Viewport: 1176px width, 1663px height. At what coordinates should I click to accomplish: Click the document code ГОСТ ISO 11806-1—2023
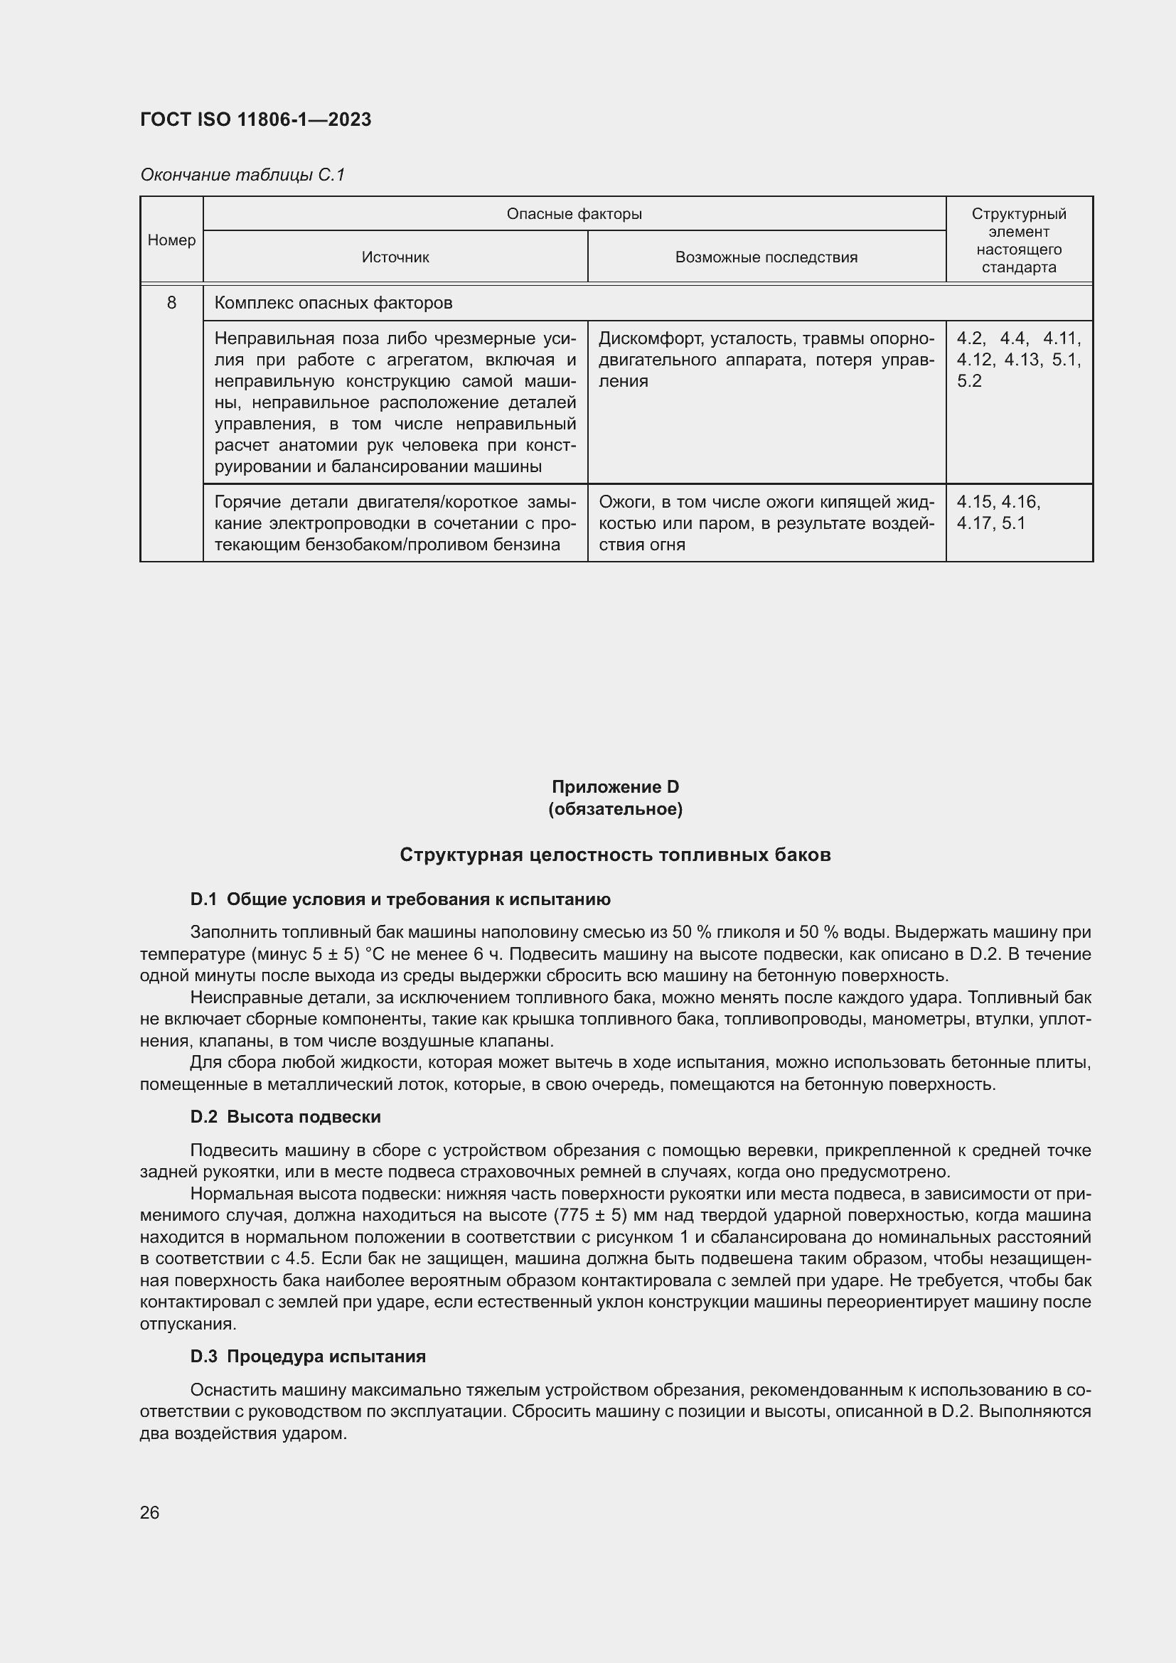pyautogui.click(x=255, y=119)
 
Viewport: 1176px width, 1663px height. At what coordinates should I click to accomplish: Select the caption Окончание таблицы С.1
pyautogui.click(x=242, y=175)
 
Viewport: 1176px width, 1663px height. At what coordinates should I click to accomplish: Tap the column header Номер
pyautogui.click(x=171, y=240)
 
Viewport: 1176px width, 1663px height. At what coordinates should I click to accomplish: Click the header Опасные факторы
pyautogui.click(x=574, y=214)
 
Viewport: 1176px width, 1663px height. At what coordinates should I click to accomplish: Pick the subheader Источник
pyautogui.click(x=395, y=257)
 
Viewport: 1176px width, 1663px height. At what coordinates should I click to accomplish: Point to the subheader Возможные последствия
pyautogui.click(x=766, y=257)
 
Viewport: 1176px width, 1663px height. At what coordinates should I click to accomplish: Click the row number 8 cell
pyautogui.click(x=171, y=303)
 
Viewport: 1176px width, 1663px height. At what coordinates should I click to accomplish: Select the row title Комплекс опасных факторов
pyautogui.click(x=333, y=303)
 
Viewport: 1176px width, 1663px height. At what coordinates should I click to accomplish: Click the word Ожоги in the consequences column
pyautogui.click(x=625, y=502)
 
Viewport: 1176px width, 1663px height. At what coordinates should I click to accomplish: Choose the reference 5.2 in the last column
pyautogui.click(x=969, y=381)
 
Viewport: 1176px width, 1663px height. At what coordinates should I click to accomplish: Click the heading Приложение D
pyautogui.click(x=615, y=786)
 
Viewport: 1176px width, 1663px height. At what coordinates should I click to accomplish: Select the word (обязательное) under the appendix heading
pyautogui.click(x=615, y=808)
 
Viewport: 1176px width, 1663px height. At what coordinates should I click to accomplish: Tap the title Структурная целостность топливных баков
pyautogui.click(x=615, y=855)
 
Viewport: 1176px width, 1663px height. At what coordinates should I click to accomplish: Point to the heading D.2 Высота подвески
pyautogui.click(x=285, y=1117)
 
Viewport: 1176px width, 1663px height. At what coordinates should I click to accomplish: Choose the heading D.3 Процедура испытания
pyautogui.click(x=308, y=1357)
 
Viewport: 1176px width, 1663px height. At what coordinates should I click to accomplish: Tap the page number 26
pyautogui.click(x=150, y=1512)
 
